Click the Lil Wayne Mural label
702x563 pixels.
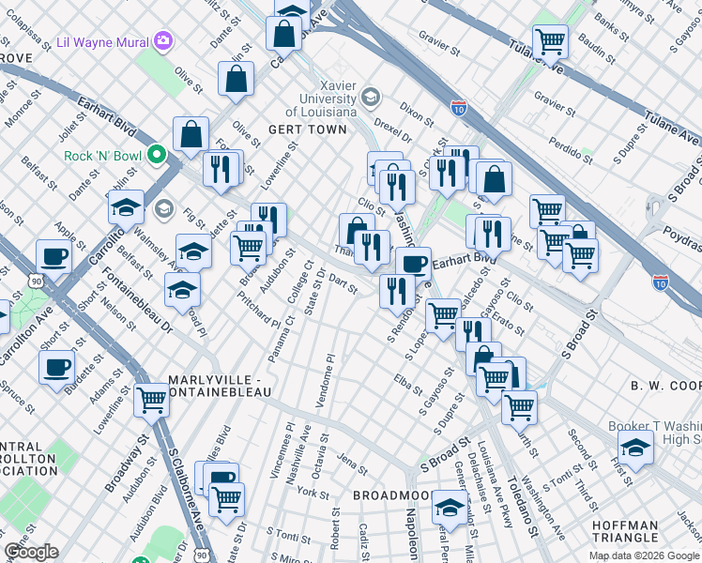(103, 40)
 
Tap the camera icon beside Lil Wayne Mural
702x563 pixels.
(164, 39)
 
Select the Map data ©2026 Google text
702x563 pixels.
(644, 555)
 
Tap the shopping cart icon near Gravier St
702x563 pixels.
(549, 40)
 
